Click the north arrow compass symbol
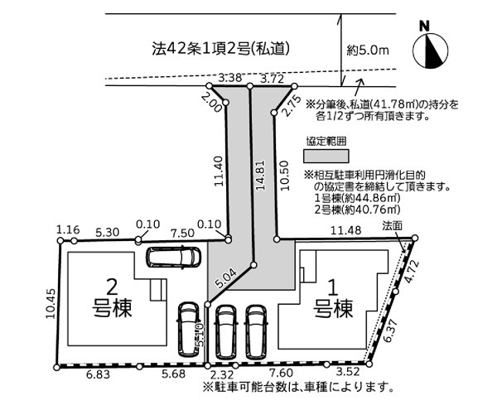tap(432, 49)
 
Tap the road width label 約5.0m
tap(369, 51)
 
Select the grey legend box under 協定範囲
tap(326, 155)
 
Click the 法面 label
tap(393, 225)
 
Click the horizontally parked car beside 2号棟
tap(171, 257)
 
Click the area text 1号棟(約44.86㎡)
tap(362, 199)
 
